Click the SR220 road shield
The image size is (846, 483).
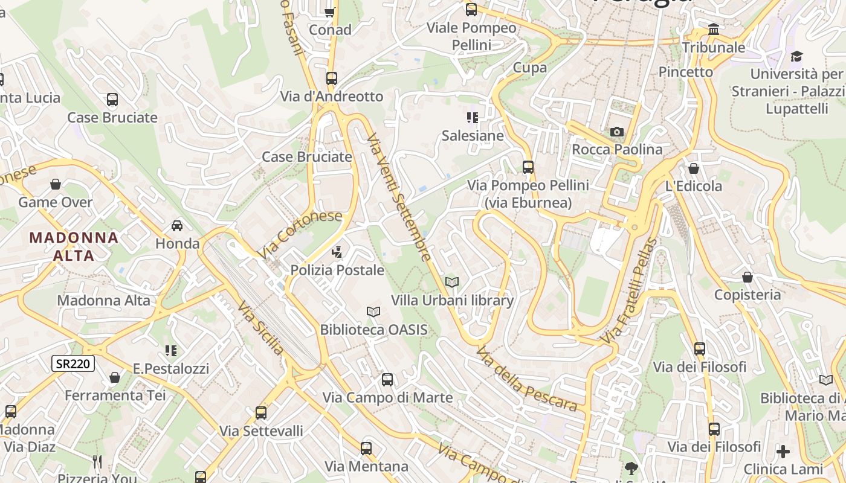tap(73, 363)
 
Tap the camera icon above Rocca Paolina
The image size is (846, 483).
tap(616, 132)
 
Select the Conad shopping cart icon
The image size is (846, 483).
tap(330, 11)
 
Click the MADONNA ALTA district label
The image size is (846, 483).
tap(74, 246)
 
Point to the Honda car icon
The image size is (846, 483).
tap(177, 226)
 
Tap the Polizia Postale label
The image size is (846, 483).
tap(337, 270)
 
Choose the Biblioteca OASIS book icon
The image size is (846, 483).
tap(373, 312)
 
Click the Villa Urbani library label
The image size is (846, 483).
tap(452, 300)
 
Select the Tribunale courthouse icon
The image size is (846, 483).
tap(714, 30)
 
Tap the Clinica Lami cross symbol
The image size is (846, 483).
tap(783, 451)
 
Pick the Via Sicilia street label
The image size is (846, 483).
tap(260, 328)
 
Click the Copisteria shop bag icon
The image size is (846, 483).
tap(748, 277)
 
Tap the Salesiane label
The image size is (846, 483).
tap(473, 135)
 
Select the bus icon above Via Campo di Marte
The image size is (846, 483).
tap(387, 380)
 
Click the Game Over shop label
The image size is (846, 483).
tap(56, 202)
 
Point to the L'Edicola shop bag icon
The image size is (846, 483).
tap(694, 168)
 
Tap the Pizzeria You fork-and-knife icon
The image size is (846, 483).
tap(98, 462)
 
